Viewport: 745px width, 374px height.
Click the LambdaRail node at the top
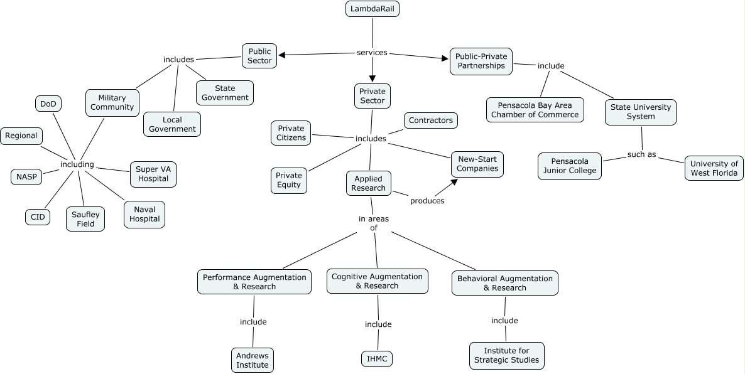[x=372, y=9]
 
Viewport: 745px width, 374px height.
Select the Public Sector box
[x=259, y=56]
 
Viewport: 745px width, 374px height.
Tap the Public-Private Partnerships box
[x=481, y=61]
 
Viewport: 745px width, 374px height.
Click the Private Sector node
[x=372, y=96]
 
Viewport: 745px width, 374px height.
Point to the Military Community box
[x=112, y=102]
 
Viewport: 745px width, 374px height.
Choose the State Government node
[x=225, y=93]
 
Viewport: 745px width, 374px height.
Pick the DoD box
[x=48, y=104]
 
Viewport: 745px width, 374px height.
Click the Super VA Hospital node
[x=153, y=174]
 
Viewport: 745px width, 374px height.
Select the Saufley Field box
[x=85, y=218]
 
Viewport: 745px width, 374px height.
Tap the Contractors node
[x=431, y=120]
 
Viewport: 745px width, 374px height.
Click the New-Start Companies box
[x=477, y=164]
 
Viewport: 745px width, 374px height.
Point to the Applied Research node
[x=369, y=183]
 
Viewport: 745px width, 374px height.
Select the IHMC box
[x=378, y=359]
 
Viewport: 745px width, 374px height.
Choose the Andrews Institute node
[x=253, y=360]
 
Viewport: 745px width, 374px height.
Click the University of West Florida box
[x=714, y=168]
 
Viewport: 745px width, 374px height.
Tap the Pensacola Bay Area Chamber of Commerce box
[x=535, y=110]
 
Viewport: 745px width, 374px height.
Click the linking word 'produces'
[x=427, y=201]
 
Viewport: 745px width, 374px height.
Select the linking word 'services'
[x=372, y=53]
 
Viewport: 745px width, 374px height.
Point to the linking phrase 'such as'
[x=642, y=154]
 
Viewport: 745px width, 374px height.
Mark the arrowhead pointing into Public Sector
[x=282, y=55]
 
